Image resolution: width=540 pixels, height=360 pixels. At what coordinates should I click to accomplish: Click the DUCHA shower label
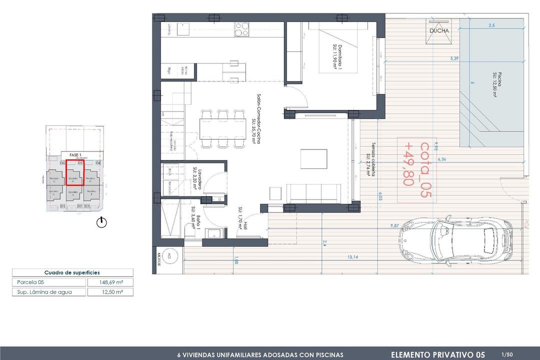(x=439, y=30)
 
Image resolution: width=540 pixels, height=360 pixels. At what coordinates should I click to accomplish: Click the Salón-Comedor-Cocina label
(x=256, y=118)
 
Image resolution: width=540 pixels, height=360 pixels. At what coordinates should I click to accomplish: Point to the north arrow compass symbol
(x=102, y=222)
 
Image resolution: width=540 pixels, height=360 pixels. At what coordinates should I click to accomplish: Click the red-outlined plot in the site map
(x=75, y=172)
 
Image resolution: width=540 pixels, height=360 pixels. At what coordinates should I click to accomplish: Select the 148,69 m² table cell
(x=110, y=282)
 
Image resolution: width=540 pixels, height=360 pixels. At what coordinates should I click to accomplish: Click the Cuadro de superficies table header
(x=72, y=272)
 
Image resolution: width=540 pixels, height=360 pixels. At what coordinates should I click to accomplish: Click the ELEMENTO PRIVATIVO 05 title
(x=437, y=354)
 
